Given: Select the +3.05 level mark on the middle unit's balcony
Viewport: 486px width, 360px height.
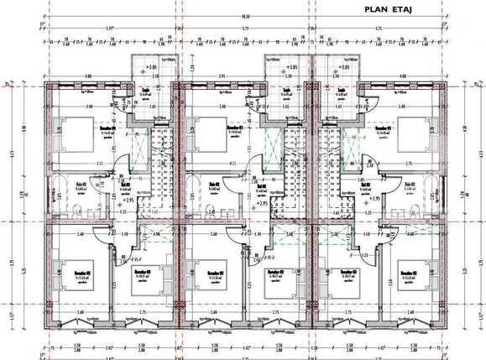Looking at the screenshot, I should [x=291, y=66].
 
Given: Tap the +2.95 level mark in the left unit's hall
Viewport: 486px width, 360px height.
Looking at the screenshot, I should [x=128, y=200].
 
